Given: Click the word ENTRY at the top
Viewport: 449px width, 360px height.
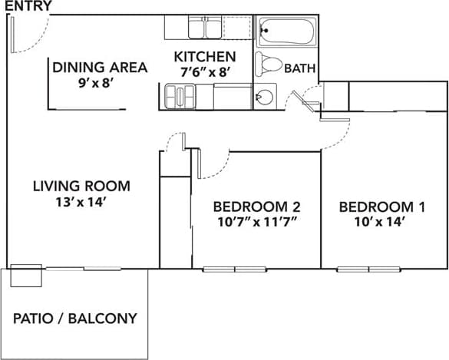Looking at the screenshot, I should tap(26, 7).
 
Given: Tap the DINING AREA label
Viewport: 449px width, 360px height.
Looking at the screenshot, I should tap(100, 68).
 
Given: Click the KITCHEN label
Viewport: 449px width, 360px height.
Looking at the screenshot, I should tap(205, 57).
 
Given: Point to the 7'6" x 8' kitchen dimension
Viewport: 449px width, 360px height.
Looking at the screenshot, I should tap(205, 72).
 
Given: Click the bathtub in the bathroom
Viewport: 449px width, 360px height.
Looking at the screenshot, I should tap(286, 32).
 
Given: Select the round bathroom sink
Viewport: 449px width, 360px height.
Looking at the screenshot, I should tap(263, 97).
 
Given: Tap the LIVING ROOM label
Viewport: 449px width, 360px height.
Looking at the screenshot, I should tap(81, 186).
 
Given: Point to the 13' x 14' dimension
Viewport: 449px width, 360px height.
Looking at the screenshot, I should tap(81, 203).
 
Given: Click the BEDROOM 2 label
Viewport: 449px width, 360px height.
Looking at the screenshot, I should tap(256, 206).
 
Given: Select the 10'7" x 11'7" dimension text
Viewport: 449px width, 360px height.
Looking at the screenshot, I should tap(256, 223).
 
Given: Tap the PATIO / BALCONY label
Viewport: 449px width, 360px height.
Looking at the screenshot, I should tap(75, 318).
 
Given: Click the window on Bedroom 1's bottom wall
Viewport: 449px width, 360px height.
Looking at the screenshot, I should tap(368, 269).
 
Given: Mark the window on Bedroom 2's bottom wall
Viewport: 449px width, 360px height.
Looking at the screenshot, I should tap(235, 269).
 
